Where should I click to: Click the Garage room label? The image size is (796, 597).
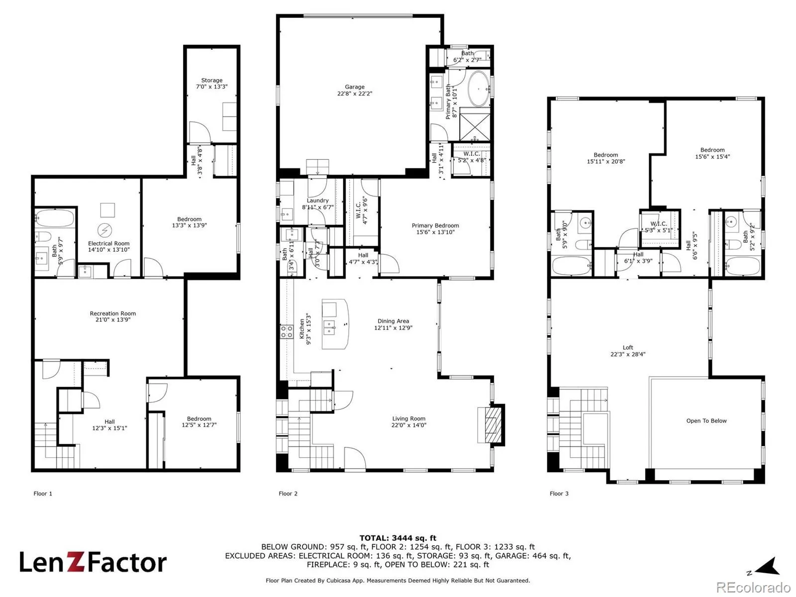coord(354,90)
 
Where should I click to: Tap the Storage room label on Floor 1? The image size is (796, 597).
coord(211,84)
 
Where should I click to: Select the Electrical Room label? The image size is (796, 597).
coord(108,246)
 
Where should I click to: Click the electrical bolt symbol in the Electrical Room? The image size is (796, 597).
coord(105,230)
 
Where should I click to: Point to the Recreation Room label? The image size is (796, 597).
coord(113,316)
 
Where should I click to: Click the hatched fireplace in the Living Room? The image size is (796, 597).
coord(493,425)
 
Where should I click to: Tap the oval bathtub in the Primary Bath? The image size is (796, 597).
coord(479,89)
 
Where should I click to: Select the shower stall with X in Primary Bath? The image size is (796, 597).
coord(474,124)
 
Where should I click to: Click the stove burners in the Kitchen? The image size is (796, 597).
coord(286,332)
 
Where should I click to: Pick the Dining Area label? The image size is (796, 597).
coord(393,324)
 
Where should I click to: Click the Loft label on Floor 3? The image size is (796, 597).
coord(627,351)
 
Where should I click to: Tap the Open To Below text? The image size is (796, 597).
coord(706,420)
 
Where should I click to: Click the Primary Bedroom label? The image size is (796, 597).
coord(435,228)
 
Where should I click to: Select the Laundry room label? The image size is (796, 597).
coord(317,203)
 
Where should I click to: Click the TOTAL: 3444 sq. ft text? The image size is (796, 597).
coord(398,538)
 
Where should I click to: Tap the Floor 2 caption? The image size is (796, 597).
coord(288,494)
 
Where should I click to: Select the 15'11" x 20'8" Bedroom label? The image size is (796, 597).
coord(605,158)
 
